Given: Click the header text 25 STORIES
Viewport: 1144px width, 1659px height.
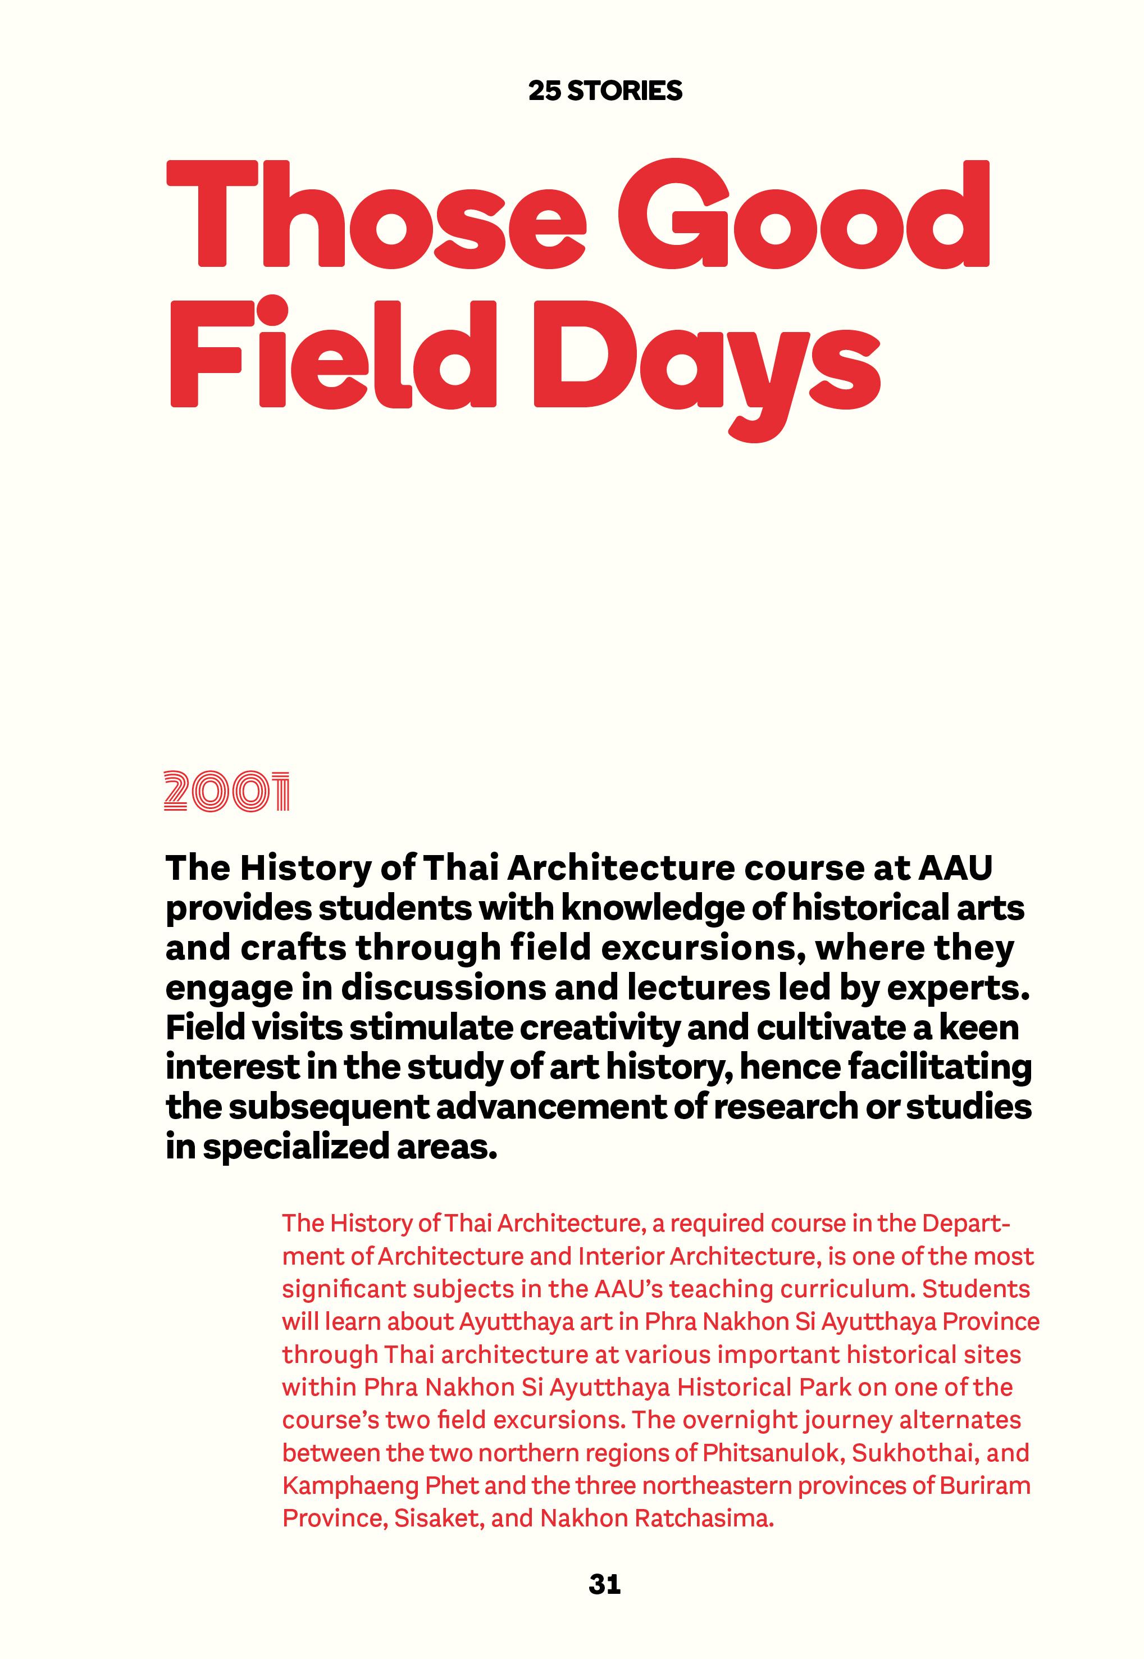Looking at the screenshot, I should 605,91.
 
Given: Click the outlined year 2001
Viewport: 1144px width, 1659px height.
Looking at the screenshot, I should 226,792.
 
